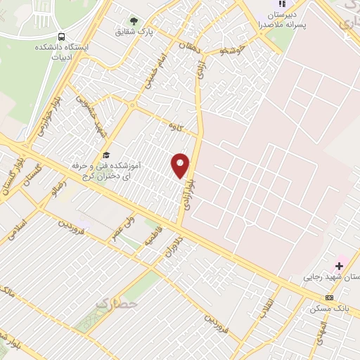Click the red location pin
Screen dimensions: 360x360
pyautogui.click(x=181, y=165)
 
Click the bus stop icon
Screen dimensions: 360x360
pyautogui.click(x=62, y=37)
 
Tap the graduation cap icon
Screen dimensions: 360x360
pyautogui.click(x=106, y=155)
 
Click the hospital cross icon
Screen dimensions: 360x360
pyautogui.click(x=339, y=266)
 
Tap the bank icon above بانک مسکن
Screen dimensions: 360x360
pyautogui.click(x=329, y=297)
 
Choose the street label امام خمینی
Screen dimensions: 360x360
pyautogui.click(x=154, y=72)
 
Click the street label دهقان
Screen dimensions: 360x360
pyautogui.click(x=191, y=49)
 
